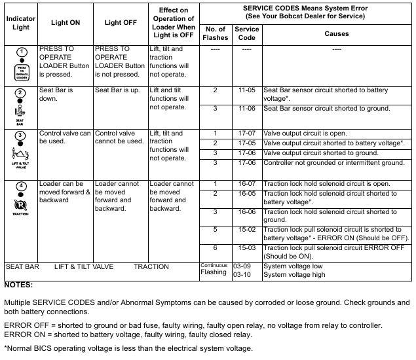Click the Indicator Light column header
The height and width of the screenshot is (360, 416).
click(x=20, y=22)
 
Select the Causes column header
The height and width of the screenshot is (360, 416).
click(x=336, y=33)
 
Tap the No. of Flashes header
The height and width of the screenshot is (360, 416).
click(x=215, y=33)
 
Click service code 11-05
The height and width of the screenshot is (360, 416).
click(x=246, y=90)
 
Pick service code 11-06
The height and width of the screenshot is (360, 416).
click(x=246, y=108)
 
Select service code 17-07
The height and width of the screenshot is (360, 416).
click(x=246, y=134)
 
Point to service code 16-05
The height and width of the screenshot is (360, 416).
click(x=246, y=194)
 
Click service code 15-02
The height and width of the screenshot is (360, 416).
click(x=246, y=229)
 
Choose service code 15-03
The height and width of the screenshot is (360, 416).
click(x=246, y=248)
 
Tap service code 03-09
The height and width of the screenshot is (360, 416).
click(x=242, y=267)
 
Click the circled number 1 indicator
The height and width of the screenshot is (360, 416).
click(x=21, y=52)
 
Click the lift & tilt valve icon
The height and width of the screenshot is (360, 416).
click(x=21, y=155)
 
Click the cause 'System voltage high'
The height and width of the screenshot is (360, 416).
click(x=294, y=275)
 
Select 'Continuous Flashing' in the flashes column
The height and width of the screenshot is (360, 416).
click(x=214, y=269)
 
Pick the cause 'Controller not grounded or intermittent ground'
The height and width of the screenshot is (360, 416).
click(x=333, y=162)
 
